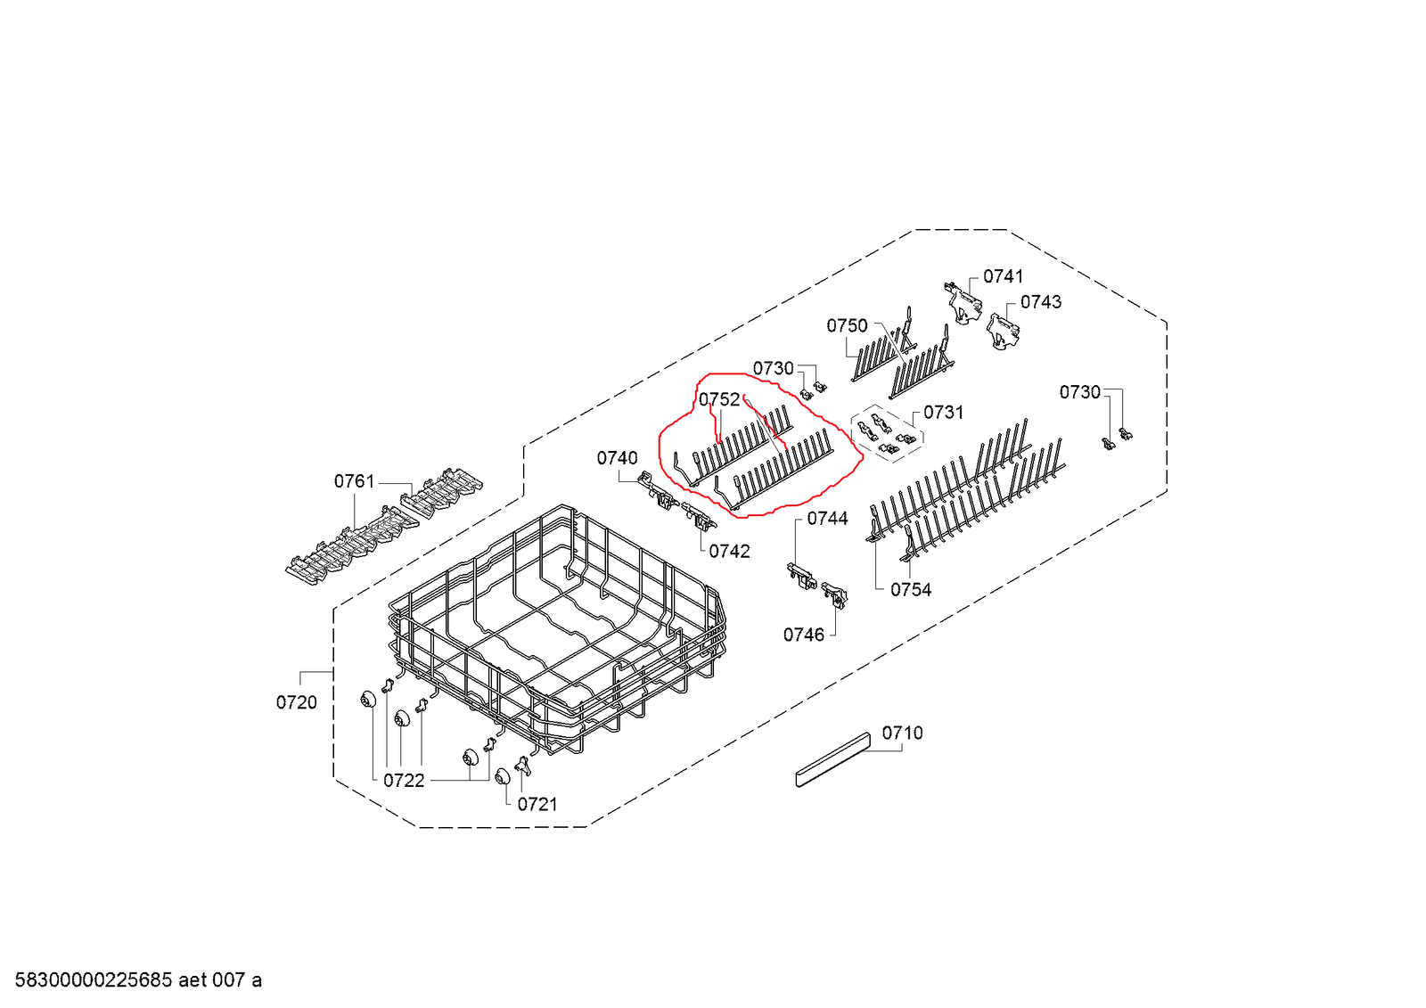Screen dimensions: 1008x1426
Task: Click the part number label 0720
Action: click(x=296, y=702)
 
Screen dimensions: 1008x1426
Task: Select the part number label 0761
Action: click(x=354, y=481)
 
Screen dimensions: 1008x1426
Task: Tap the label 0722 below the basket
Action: click(x=404, y=781)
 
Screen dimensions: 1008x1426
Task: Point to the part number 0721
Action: click(x=537, y=804)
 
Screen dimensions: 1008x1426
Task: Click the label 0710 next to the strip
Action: click(x=902, y=733)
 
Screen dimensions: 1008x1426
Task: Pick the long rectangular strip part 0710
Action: click(x=832, y=759)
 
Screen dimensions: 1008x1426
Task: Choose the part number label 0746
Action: click(x=803, y=635)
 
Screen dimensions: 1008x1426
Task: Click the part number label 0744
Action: click(x=827, y=518)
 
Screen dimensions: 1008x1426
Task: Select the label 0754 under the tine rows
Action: click(x=910, y=589)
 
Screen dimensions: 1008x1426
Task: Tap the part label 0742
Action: click(x=729, y=552)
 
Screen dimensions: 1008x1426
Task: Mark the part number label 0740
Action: click(x=617, y=458)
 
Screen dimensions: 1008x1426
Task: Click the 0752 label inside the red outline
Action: click(x=718, y=399)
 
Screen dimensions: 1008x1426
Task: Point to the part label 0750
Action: click(x=846, y=325)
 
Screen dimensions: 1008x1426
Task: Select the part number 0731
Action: click(x=943, y=412)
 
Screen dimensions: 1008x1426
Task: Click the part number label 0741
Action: click(x=1003, y=276)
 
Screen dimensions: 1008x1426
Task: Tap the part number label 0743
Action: click(x=1040, y=302)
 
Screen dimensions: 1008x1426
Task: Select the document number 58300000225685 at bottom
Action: click(x=94, y=980)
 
